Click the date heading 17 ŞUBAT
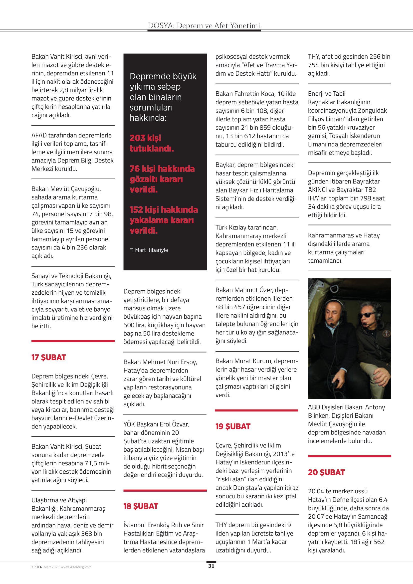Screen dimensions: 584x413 click(x=49, y=357)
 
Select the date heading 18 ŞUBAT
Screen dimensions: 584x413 click(x=141, y=506)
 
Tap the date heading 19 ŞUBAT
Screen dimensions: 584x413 click(x=233, y=426)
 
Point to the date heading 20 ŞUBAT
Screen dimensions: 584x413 click(x=326, y=472)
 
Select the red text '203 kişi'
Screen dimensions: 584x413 click(x=145, y=138)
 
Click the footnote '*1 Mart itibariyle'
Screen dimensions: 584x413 click(x=149, y=250)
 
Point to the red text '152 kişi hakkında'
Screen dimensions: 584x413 click(x=164, y=209)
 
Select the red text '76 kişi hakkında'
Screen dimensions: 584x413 click(x=162, y=169)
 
